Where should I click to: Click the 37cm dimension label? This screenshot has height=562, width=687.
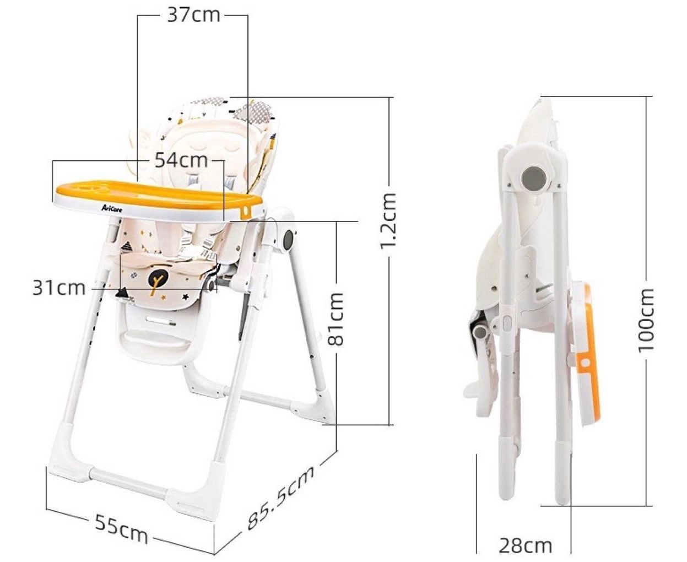click(193, 15)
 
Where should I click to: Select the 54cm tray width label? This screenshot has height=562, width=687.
click(181, 160)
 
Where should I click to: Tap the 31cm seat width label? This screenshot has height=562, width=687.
click(59, 288)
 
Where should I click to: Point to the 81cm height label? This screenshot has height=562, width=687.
click(336, 319)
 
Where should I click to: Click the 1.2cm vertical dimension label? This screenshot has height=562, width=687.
click(388, 220)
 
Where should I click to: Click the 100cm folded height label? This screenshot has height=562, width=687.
click(646, 320)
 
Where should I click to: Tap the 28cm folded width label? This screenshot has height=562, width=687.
click(526, 536)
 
